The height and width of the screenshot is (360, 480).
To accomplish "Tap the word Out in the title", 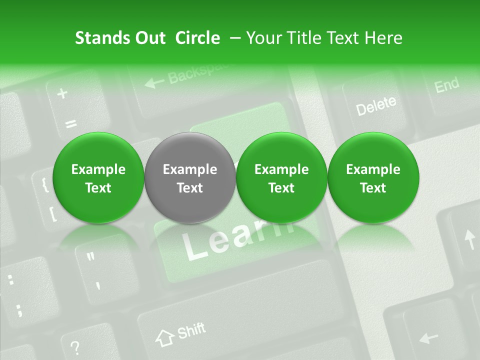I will pyautogui.click(x=149, y=38).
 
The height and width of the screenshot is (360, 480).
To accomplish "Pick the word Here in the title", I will pyautogui.click(x=384, y=38).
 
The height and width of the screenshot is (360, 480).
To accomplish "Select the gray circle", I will pyautogui.click(x=190, y=178).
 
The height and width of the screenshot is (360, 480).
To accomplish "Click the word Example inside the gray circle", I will pyautogui.click(x=190, y=169).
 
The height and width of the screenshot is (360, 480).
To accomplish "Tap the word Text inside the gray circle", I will pyautogui.click(x=190, y=188).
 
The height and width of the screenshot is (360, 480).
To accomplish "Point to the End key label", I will pyautogui.click(x=446, y=85).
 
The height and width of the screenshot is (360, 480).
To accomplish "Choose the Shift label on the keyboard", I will pyautogui.click(x=191, y=330).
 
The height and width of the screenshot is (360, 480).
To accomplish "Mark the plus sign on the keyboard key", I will pyautogui.click(x=62, y=93).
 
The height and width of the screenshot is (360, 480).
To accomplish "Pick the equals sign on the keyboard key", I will pyautogui.click(x=71, y=123).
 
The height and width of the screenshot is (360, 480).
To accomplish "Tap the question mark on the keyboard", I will pyautogui.click(x=75, y=346).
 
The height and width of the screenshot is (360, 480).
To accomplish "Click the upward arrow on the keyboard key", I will pyautogui.click(x=469, y=239).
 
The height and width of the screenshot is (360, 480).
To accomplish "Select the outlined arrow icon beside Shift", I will pyautogui.click(x=164, y=337).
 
